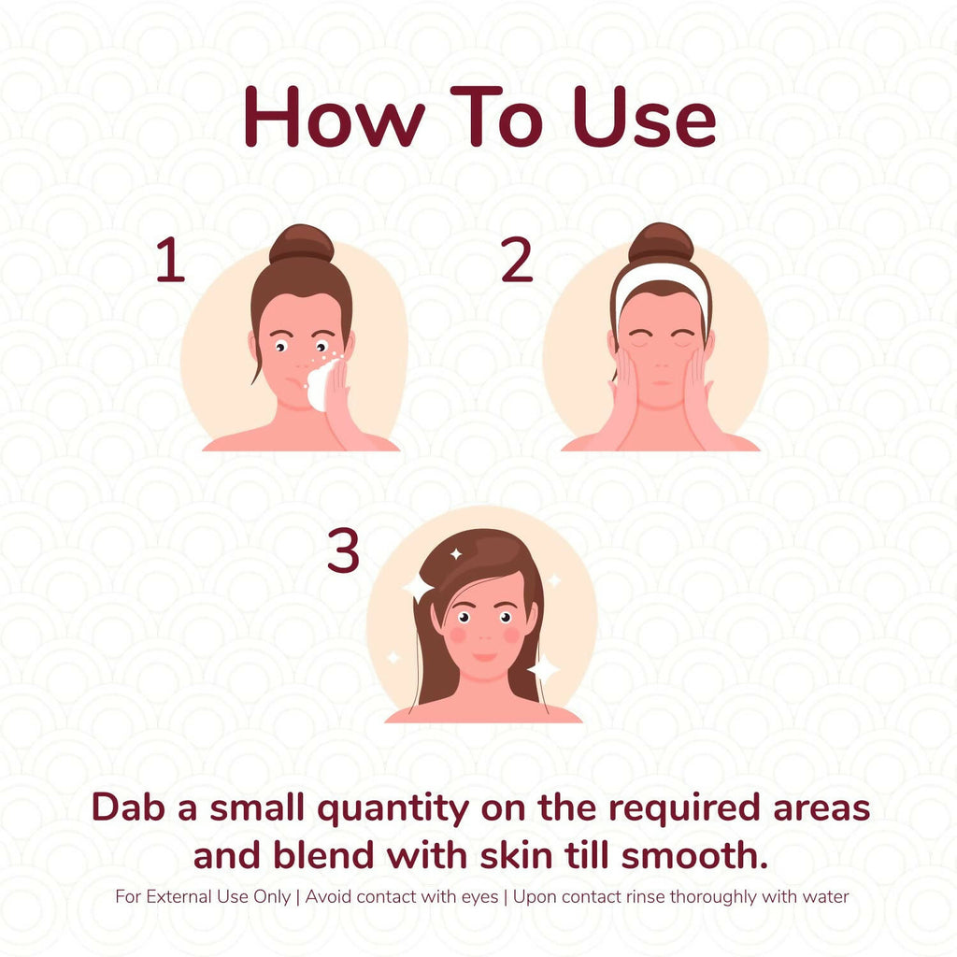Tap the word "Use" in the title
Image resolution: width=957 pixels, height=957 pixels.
(644, 117)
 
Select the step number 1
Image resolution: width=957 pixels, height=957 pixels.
(170, 260)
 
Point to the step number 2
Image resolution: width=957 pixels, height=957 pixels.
(516, 260)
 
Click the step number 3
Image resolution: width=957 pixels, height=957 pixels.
(343, 550)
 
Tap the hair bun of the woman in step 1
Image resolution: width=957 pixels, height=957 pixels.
(302, 243)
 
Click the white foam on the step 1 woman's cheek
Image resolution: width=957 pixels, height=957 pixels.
(321, 384)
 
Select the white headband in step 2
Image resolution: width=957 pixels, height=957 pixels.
(662, 287)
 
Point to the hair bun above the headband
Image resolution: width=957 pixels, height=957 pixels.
(661, 242)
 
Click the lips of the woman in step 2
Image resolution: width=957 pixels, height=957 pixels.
(661, 382)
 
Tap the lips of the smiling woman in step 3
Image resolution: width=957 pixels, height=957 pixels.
(485, 657)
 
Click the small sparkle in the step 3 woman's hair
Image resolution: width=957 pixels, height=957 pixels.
(456, 554)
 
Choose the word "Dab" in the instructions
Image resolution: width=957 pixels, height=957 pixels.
(129, 807)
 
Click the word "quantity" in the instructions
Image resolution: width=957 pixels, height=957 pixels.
(393, 809)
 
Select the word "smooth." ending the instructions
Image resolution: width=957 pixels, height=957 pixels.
(694, 854)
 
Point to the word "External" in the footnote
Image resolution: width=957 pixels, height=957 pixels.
(176, 896)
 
